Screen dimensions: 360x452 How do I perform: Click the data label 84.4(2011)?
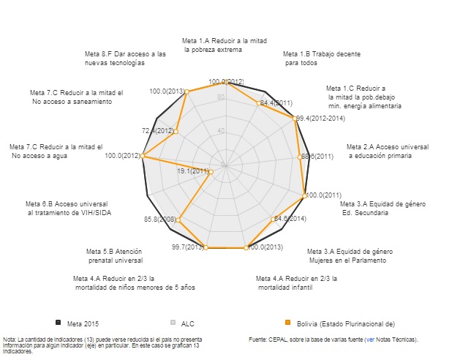point(276,103)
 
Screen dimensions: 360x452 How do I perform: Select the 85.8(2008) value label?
point(160,220)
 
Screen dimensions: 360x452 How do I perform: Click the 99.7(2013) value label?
point(188,247)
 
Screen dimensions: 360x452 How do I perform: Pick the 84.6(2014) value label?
point(289,219)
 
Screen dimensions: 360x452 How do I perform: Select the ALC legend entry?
point(187,323)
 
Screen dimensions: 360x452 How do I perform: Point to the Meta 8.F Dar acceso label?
point(126,59)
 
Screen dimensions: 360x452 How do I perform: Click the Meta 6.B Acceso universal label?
point(67,208)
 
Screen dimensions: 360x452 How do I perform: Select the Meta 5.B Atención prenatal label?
point(114,255)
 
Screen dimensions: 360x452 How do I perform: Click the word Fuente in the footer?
point(260,340)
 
